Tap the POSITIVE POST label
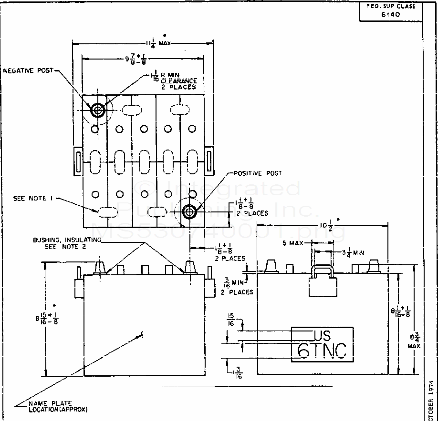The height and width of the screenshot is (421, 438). click(x=257, y=173)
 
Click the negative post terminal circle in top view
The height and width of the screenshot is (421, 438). click(x=98, y=110)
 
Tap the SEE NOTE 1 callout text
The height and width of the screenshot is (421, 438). click(x=33, y=198)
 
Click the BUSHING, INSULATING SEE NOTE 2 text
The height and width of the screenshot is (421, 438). click(x=66, y=243)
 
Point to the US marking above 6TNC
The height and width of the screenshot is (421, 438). click(x=323, y=334)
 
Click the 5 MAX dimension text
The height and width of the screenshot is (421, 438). click(x=293, y=243)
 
